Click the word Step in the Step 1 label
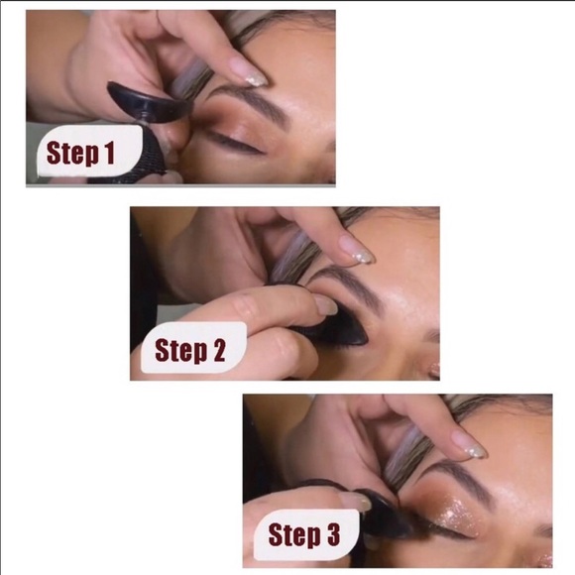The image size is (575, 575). pyautogui.click(x=72, y=153)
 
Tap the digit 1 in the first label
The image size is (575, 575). pyautogui.click(x=109, y=152)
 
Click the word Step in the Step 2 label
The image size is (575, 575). pyautogui.click(x=181, y=351)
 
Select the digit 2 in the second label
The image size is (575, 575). pyautogui.click(x=219, y=350)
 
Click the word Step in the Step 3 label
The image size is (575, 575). pyautogui.click(x=294, y=535)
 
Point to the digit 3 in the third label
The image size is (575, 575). pyautogui.click(x=333, y=534)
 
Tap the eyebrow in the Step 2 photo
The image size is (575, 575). pyautogui.click(x=348, y=287)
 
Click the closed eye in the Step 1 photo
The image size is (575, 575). pyautogui.click(x=235, y=143)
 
